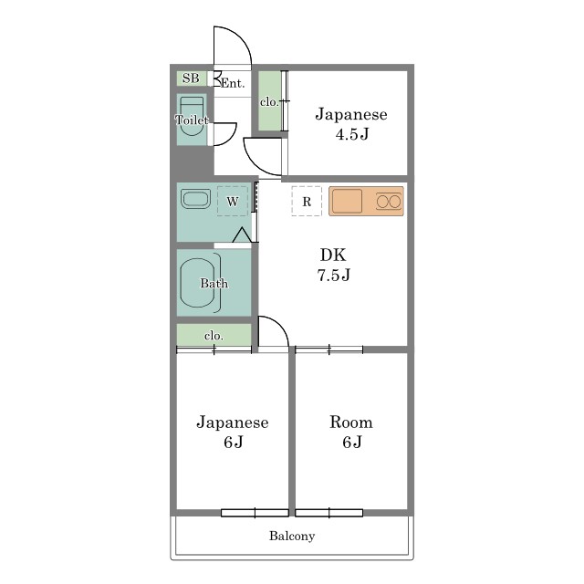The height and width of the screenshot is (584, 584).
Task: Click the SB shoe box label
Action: (x=191, y=78)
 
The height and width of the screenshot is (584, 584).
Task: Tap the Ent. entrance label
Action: (x=233, y=83)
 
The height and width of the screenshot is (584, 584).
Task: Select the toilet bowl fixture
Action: (x=192, y=116)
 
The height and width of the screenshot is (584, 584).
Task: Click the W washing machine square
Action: (x=233, y=201)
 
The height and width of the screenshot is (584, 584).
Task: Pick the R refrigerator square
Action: (x=307, y=201)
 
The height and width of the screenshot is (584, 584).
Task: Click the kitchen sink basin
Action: (x=347, y=201)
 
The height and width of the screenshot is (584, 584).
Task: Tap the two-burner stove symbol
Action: (x=389, y=202)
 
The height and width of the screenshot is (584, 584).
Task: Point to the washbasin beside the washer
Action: (x=194, y=199)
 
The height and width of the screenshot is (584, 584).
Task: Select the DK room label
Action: (x=333, y=255)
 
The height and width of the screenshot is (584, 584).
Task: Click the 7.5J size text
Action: (x=334, y=275)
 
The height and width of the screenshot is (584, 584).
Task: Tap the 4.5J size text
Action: (x=352, y=134)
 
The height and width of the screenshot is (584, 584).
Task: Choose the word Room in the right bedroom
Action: (x=350, y=422)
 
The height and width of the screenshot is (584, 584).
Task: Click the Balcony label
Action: (x=292, y=536)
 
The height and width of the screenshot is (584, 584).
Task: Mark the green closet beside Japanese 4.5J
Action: (x=269, y=101)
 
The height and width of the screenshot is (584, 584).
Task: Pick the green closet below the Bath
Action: (x=214, y=335)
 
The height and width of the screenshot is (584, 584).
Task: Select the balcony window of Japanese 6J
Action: (x=255, y=513)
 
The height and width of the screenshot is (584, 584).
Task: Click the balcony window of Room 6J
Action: (x=328, y=513)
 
